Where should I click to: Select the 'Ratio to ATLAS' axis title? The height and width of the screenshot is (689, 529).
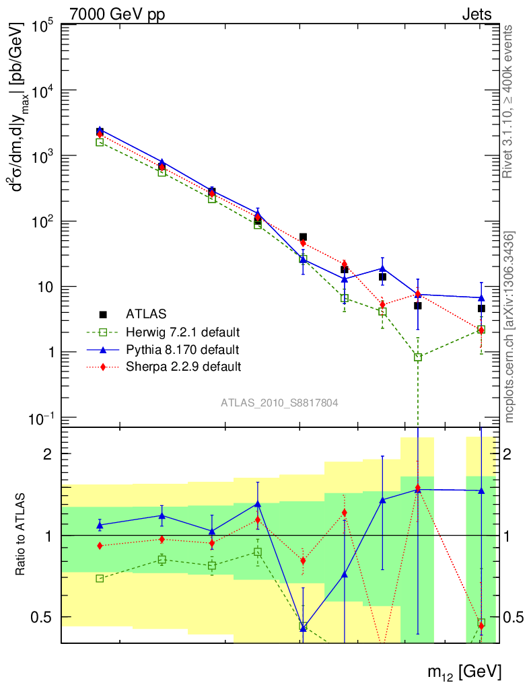pyautogui.click(x=22, y=535)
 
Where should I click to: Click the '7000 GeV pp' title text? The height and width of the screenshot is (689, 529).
pyautogui.click(x=117, y=13)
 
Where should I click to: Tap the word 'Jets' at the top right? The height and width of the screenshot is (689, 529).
pyautogui.click(x=476, y=13)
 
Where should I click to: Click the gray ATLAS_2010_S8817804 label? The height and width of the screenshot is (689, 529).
pyautogui.click(x=279, y=403)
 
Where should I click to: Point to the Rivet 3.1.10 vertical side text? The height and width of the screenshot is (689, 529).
pyautogui.click(x=509, y=101)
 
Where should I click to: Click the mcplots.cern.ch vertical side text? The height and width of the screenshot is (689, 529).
pyautogui.click(x=509, y=326)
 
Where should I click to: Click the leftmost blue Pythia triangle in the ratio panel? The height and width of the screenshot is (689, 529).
pyautogui.click(x=100, y=525)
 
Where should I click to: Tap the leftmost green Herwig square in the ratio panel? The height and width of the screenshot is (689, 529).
pyautogui.click(x=100, y=579)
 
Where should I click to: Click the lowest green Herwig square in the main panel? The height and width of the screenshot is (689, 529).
pyautogui.click(x=418, y=357)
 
